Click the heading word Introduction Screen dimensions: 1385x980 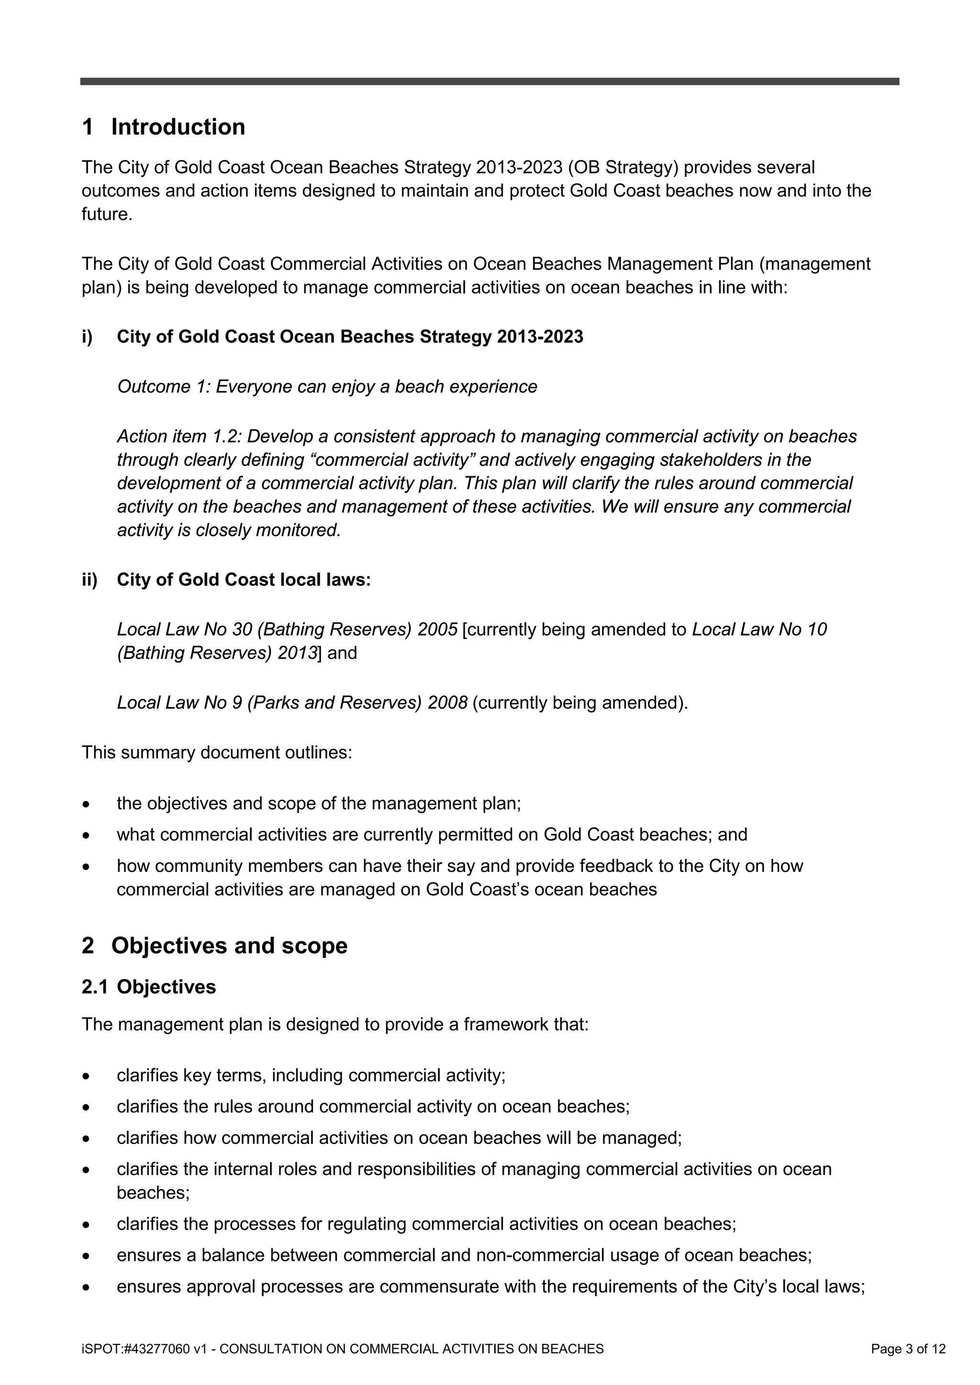(178, 127)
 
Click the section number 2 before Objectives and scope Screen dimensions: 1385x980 (88, 945)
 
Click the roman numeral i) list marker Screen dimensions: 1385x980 (88, 337)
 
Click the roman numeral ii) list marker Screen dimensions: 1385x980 (89, 580)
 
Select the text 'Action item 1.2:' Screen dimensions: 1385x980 (179, 436)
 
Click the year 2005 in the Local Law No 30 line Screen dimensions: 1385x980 (437, 630)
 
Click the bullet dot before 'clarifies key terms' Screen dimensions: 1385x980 (88, 1076)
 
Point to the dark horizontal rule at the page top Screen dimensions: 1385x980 (490, 81)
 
